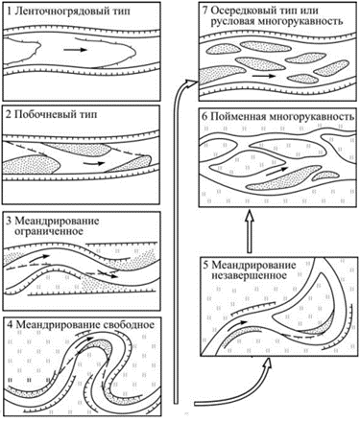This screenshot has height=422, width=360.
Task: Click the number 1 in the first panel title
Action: click(10, 12)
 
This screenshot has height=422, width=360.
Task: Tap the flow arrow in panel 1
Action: click(75, 50)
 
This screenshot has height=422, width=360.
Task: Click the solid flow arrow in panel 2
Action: click(94, 163)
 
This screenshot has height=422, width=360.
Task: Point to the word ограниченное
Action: click(49, 231)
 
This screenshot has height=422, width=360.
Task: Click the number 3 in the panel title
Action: click(10, 222)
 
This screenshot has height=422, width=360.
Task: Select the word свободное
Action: click(130, 324)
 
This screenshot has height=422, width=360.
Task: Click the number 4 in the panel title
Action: click(10, 324)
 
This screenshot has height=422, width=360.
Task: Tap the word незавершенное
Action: click(249, 275)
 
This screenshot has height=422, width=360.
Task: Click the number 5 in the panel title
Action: click(205, 266)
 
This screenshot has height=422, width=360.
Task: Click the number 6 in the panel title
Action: click(204, 116)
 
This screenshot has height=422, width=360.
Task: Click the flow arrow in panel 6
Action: click(276, 172)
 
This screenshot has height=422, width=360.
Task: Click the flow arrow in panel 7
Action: click(263, 77)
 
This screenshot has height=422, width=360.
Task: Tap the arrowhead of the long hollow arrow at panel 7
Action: click(191, 82)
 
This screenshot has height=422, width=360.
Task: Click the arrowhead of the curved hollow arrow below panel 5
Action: click(269, 365)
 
